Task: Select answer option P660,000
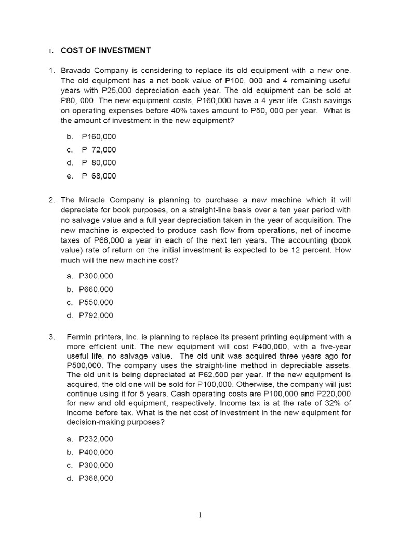pos(96,289)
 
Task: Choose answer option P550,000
pos(96,302)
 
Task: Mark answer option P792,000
pos(96,315)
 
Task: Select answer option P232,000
pos(96,439)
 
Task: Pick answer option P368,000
pos(96,478)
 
